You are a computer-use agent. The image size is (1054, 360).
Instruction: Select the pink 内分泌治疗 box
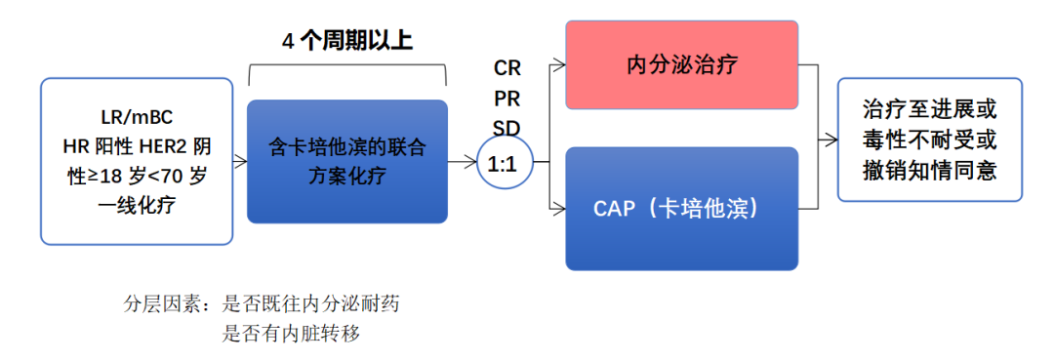pos(681,66)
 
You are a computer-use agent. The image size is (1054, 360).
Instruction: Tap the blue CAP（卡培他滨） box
pos(681,209)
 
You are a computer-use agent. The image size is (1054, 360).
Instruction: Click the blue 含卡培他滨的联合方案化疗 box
pos(347,162)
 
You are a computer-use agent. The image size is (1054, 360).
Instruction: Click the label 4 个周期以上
pos(347,40)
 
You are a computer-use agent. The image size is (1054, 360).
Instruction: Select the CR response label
pos(507,68)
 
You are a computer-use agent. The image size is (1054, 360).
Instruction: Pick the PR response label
pos(507,99)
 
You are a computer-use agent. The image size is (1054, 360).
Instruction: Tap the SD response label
pos(507,128)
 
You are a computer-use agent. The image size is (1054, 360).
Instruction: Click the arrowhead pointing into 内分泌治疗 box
pos(559,66)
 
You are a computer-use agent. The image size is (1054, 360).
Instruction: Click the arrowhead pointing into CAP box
pos(559,208)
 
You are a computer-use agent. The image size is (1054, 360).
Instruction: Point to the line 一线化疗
pos(137,206)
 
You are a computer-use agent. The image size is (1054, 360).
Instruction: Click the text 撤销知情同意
pos(929,169)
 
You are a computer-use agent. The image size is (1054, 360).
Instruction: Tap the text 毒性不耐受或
pos(929,139)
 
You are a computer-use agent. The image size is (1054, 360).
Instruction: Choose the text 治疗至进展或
pos(929,108)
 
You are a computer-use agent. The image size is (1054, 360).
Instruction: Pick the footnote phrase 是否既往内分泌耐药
pos(310,304)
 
